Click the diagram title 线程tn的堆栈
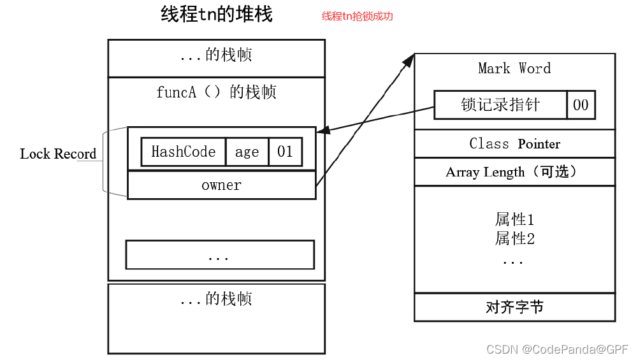tap(217, 15)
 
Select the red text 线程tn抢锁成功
tap(357, 17)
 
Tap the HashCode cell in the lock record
tap(183, 152)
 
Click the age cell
tap(247, 152)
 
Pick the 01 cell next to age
tap(285, 152)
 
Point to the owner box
tap(221, 185)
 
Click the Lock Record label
tap(58, 154)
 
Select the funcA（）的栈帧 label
tap(216, 92)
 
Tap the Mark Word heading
tap(514, 69)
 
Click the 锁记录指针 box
tap(500, 105)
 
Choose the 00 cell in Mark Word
tap(581, 105)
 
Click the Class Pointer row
tap(514, 143)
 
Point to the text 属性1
tap(514, 220)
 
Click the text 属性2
tap(514, 239)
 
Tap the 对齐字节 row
tap(514, 307)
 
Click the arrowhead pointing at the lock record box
tap(322, 131)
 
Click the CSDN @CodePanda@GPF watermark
tap(557, 349)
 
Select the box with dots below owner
tap(220, 255)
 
